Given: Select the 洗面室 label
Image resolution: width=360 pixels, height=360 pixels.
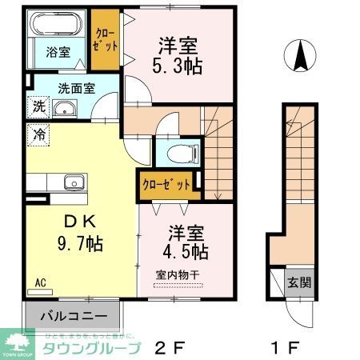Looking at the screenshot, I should (74, 90).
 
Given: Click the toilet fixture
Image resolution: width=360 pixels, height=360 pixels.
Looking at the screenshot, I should (174, 153).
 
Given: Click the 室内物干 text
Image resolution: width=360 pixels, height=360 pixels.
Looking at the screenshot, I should (175, 275).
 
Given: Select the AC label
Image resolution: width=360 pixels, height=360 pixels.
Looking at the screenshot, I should (40, 282).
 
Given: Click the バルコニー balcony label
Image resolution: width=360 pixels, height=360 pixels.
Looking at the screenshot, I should (73, 315).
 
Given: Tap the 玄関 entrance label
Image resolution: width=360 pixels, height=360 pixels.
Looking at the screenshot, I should (299, 282).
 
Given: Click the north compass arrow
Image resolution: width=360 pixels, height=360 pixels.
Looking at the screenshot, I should (301, 56).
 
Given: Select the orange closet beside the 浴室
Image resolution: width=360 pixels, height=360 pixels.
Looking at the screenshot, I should (104, 41).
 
